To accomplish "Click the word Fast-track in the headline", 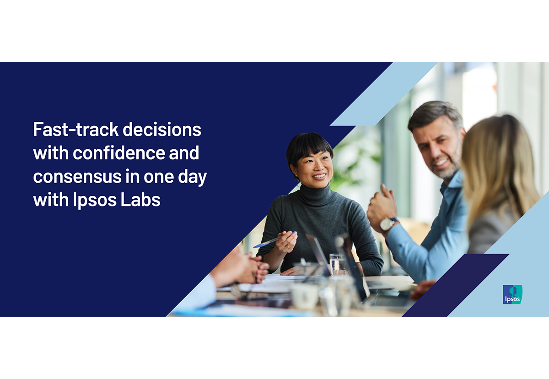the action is pos(76,130).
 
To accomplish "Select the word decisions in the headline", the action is pos(162,129).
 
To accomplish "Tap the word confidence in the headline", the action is pos(119,152).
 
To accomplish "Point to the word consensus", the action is pos(77,177).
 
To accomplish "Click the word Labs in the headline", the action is pos(140,200).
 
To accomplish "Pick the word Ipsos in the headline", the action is pos(95,201).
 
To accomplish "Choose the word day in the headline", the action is pos(193,177).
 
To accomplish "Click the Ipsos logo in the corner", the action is pos(512,294).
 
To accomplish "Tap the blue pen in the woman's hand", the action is pos(274,240).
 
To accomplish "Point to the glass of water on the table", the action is pos(337,265).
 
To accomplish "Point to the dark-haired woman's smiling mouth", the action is pos(319,176).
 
